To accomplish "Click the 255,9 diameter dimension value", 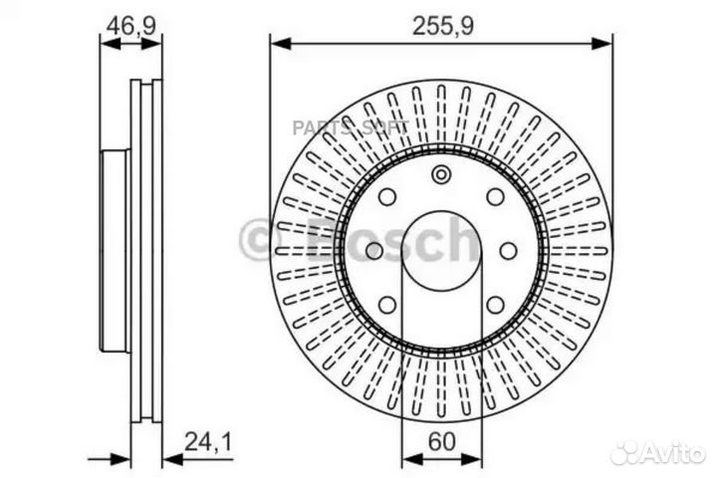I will pos(442,28).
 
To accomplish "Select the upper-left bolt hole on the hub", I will pos(387,196).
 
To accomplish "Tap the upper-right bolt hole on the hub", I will pos(495,196).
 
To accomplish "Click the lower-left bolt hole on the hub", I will pos(387,305).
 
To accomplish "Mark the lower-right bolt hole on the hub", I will pos(495,305).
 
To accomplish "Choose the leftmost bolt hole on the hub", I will pos(373,250).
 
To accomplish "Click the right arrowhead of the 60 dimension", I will pos(476,460).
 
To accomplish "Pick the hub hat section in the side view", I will pos(115,249).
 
